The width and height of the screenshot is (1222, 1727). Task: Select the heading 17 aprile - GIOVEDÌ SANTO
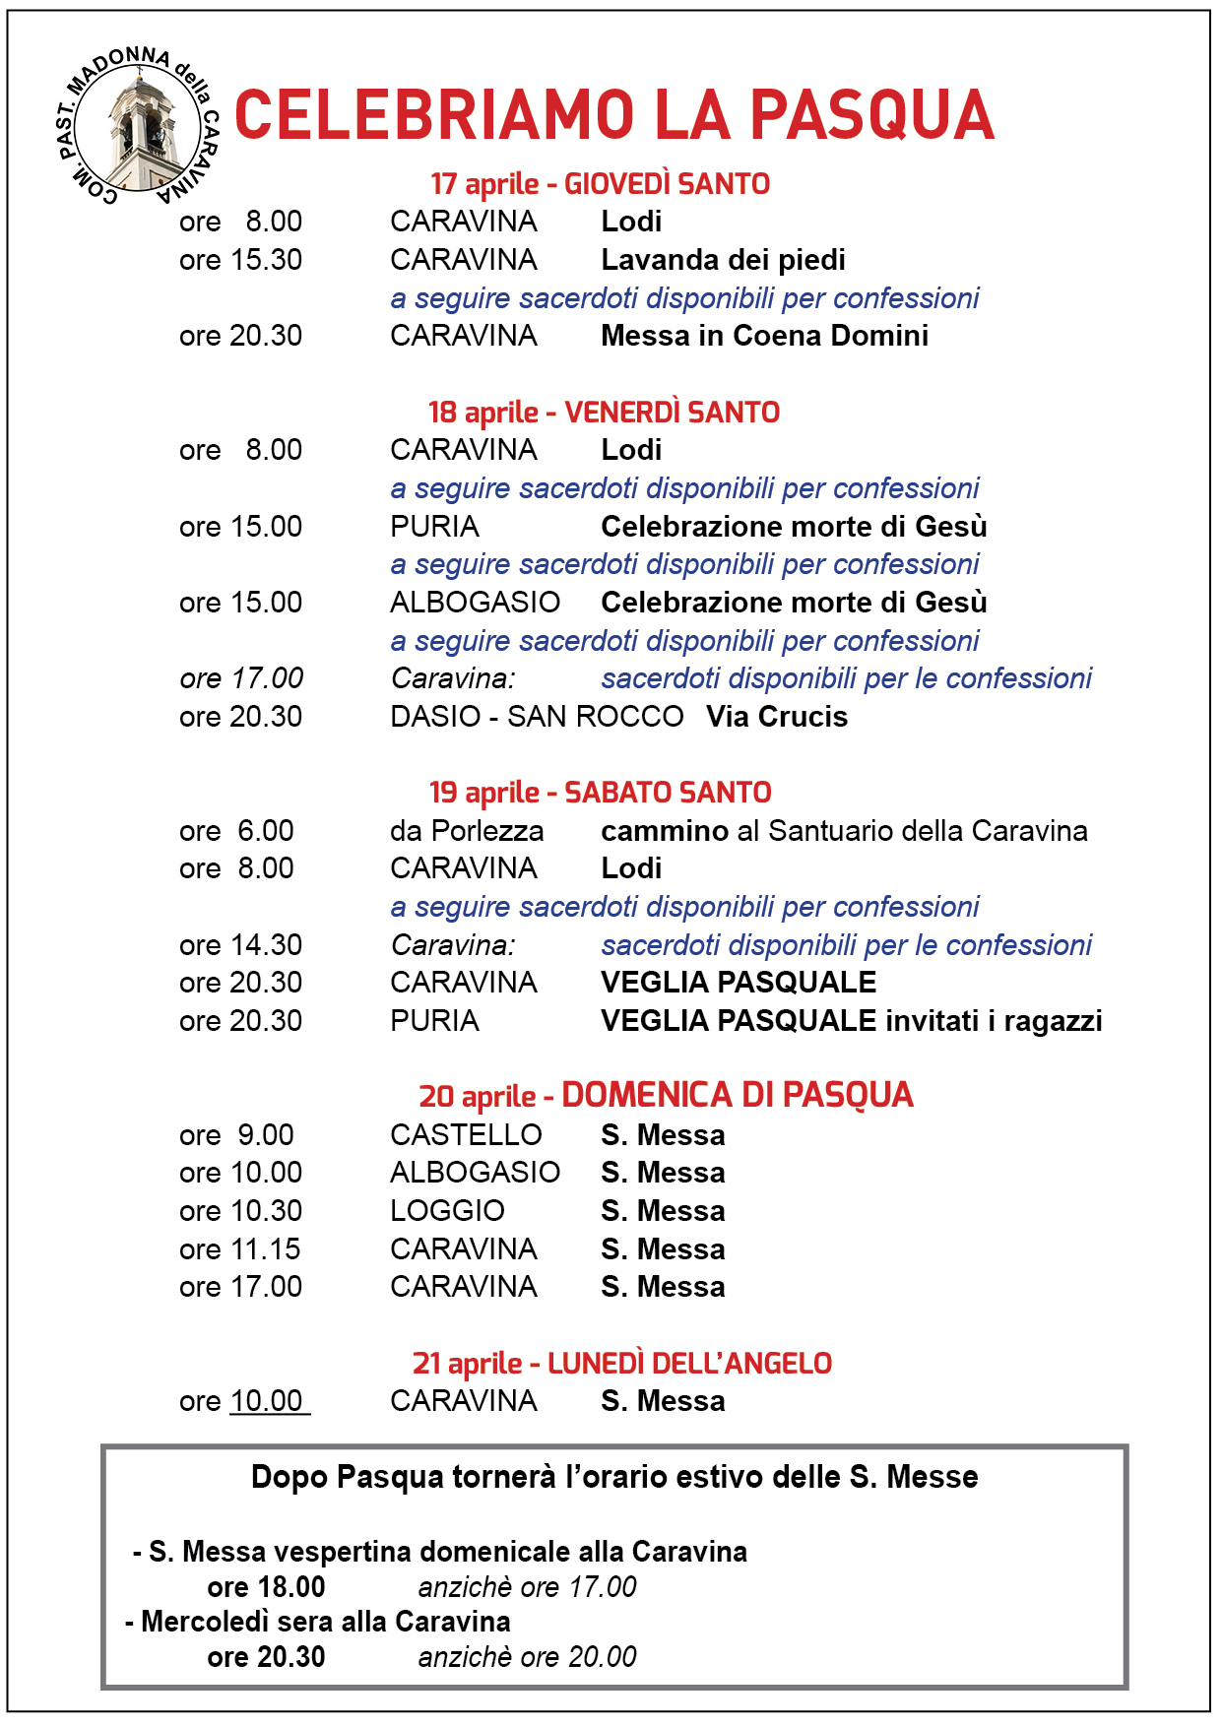point(600,184)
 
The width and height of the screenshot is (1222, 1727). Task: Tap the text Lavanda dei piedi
point(723,260)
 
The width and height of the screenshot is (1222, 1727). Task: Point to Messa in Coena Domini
point(764,336)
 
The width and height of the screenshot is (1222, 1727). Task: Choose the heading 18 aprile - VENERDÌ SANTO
point(604,413)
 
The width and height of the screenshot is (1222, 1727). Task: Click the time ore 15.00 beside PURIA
point(240,527)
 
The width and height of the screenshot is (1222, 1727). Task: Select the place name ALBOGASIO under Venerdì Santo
point(475,603)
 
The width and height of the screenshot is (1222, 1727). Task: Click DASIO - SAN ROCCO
point(537,717)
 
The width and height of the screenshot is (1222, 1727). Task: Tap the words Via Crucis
point(777,717)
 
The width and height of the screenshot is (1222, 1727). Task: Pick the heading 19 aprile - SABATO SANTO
point(600,793)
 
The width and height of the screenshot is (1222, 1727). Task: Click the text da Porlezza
point(467,831)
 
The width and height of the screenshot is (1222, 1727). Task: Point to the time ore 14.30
point(240,945)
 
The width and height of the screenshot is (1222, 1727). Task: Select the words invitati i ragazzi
point(994,1021)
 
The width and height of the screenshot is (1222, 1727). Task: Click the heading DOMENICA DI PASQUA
point(738,1095)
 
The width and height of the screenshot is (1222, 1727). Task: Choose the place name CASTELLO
point(466,1135)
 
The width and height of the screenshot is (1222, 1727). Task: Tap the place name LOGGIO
point(447,1211)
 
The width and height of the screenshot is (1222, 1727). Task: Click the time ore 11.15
point(240,1249)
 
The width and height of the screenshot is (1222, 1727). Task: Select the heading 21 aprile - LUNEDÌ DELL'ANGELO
point(621,1364)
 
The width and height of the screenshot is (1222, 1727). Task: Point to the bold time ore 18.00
point(266,1587)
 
